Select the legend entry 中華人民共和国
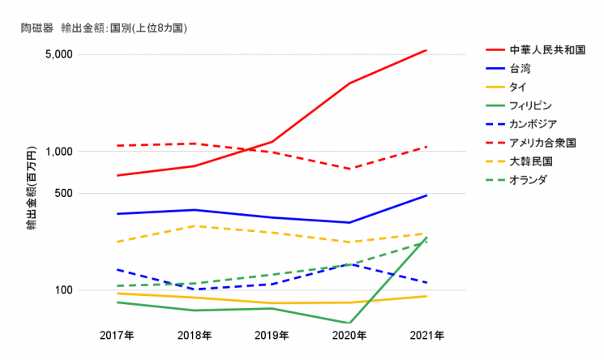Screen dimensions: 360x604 547,50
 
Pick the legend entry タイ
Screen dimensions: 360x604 518,88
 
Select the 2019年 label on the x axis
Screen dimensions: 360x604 272,335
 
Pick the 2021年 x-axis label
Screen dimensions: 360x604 426,335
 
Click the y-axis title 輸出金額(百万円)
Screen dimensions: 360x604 31,189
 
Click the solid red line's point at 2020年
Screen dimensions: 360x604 349,84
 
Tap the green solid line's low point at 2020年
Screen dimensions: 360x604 349,323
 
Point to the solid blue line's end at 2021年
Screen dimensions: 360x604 426,195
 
